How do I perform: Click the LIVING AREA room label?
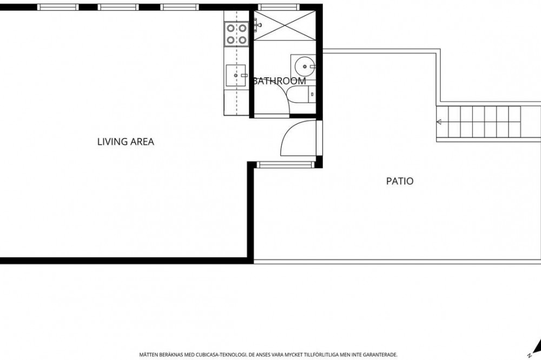coord(126,142)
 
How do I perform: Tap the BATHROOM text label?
coord(279,81)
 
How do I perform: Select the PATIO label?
coord(400,181)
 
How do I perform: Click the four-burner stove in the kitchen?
coord(236,34)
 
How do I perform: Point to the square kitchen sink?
coord(236,76)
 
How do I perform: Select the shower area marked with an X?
coord(285,25)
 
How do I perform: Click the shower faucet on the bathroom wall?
coord(257,24)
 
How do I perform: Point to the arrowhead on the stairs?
coord(439,122)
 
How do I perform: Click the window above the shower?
coord(278,7)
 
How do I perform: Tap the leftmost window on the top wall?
coord(58,7)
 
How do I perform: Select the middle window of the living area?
coord(118,7)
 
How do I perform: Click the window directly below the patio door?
coord(286,165)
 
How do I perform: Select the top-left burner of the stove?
coord(230,28)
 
